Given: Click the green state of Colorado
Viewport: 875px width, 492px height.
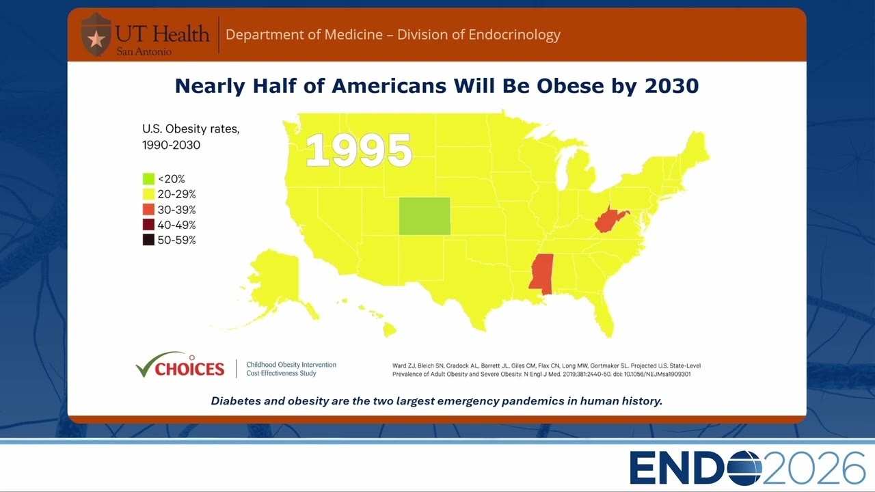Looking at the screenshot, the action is tap(425, 216).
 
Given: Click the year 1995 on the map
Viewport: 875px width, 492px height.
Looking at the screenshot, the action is tap(359, 150).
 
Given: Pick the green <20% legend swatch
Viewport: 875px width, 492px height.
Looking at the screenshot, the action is tap(148, 179).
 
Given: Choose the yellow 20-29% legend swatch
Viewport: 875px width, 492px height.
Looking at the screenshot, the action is tap(148, 194).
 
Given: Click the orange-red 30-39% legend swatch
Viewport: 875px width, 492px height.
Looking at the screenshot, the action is tap(148, 209).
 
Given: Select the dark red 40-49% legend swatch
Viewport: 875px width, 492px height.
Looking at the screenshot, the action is tap(148, 225).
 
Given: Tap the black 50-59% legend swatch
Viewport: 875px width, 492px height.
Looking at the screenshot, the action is tap(148, 240).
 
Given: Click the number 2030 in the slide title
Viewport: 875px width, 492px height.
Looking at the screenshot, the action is tap(671, 86).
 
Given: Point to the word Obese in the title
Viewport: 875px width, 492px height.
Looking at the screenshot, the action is tap(570, 86).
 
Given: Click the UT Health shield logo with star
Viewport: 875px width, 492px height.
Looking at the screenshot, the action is tap(96, 35).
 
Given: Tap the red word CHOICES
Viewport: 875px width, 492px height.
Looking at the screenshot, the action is tap(190, 369).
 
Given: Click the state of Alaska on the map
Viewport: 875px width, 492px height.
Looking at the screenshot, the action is tap(273, 281).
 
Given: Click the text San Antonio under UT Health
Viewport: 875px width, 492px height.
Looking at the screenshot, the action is tap(144, 51).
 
